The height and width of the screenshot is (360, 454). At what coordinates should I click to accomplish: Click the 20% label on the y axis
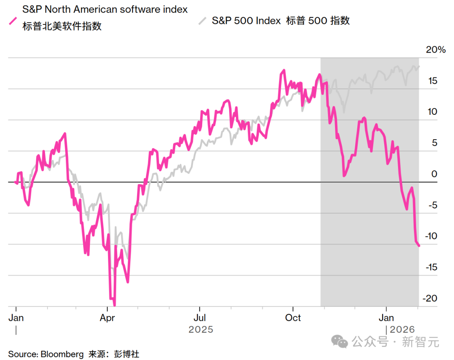(436, 50)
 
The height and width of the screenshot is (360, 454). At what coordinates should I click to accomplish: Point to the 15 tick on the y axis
(432, 81)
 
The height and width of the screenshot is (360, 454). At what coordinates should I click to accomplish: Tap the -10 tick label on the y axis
(431, 236)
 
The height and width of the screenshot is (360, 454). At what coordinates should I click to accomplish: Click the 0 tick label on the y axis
(434, 174)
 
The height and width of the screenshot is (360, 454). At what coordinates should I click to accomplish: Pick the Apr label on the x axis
(108, 318)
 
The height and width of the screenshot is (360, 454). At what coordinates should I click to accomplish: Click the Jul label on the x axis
(200, 318)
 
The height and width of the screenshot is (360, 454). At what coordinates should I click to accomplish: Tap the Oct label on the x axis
(293, 318)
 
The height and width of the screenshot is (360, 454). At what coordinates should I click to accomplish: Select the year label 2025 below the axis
(201, 329)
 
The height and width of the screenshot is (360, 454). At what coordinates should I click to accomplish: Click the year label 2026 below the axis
(403, 329)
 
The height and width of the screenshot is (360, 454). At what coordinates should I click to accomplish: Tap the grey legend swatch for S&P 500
(203, 21)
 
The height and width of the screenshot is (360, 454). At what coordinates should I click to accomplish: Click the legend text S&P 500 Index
(246, 21)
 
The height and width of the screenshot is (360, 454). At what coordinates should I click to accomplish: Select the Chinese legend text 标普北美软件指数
(62, 26)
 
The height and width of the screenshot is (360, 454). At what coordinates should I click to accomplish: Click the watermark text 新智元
(420, 342)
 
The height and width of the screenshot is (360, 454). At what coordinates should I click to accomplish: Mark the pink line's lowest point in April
(114, 305)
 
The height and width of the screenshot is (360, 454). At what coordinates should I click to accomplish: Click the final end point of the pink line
(419, 246)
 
